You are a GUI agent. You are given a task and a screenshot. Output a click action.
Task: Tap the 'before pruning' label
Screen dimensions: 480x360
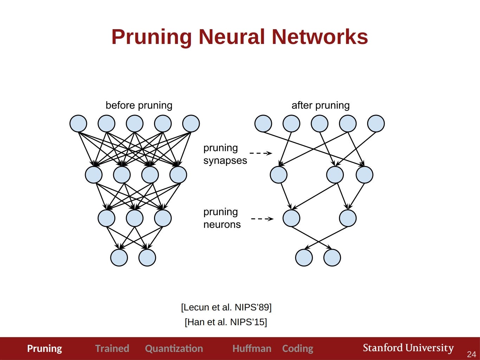click(x=139, y=105)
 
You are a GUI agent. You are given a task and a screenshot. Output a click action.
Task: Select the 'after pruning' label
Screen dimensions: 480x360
click(x=320, y=105)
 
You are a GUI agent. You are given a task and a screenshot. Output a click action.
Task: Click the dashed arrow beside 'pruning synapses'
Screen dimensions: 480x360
click(x=261, y=153)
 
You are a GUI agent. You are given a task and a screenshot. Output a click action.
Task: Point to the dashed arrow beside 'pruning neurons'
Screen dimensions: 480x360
click(x=262, y=219)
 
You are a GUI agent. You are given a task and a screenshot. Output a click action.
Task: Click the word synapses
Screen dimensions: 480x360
click(x=225, y=161)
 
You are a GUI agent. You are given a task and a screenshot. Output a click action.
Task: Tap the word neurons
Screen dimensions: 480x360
click(x=222, y=225)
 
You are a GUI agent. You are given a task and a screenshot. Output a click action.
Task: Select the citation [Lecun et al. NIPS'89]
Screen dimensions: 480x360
click(x=226, y=307)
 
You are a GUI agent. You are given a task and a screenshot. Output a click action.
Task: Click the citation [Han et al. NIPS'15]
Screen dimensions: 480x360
click(x=226, y=322)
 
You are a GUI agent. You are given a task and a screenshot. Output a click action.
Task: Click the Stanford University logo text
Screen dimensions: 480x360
click(x=408, y=348)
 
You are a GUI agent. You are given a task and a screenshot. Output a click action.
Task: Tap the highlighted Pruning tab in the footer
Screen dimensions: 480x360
click(x=44, y=349)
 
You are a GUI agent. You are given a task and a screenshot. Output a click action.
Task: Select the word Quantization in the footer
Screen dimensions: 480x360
click(x=174, y=349)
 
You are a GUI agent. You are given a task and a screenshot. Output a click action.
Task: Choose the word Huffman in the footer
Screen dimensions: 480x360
click(x=252, y=348)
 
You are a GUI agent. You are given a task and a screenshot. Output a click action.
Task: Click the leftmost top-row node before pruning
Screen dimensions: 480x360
click(x=78, y=123)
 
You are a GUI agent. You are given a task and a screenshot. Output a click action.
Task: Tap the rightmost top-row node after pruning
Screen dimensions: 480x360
click(x=376, y=123)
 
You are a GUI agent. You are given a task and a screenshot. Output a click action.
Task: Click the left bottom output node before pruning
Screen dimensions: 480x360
click(x=119, y=257)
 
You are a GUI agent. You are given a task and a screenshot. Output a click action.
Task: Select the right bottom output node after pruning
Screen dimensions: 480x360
click(x=332, y=257)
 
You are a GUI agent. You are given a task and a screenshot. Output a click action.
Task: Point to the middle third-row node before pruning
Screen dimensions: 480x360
click(x=135, y=218)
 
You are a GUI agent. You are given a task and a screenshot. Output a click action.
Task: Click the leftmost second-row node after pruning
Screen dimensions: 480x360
click(x=279, y=175)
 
